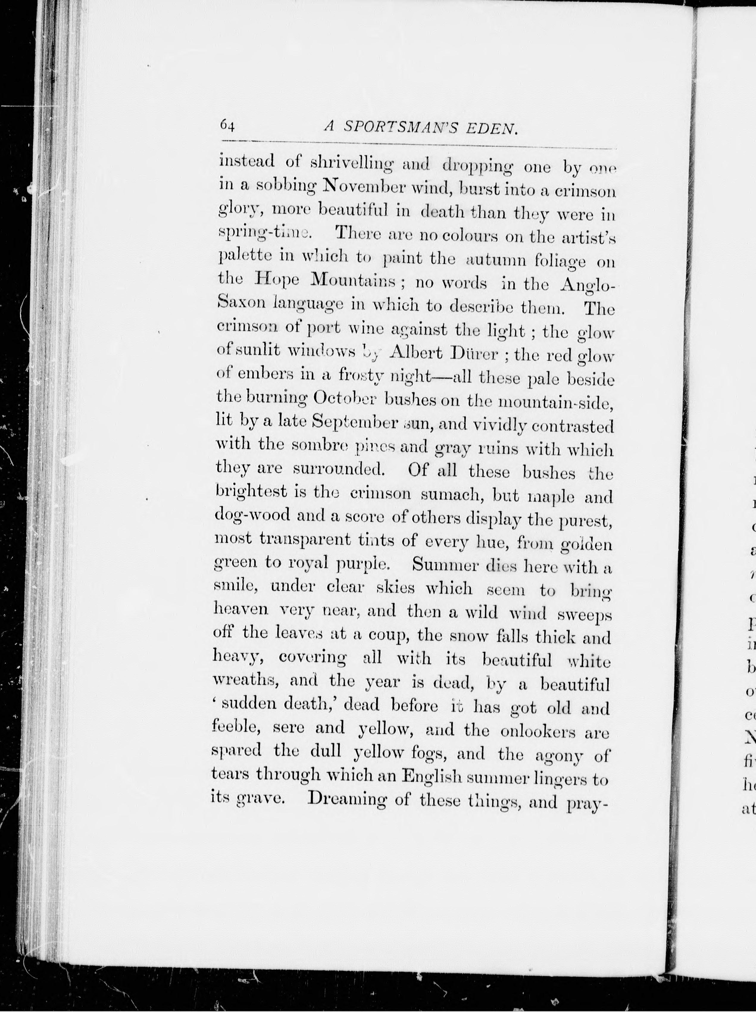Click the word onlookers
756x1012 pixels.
click(538, 731)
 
